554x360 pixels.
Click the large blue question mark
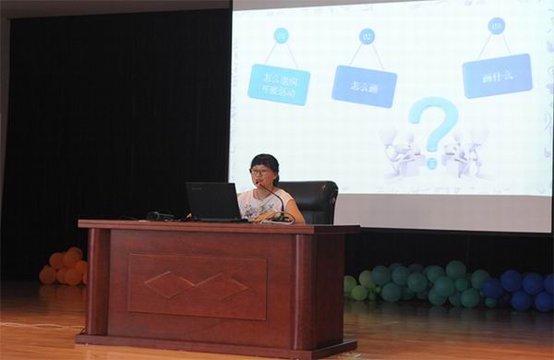point(433,124)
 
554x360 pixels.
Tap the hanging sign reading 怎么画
point(364,85)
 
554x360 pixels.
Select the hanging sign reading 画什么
point(497,75)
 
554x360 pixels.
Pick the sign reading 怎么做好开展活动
point(279,83)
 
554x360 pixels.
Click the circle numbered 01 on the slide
point(282,36)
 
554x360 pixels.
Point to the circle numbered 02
point(367,37)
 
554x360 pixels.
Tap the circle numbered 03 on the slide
point(497,26)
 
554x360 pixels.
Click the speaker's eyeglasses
point(259,172)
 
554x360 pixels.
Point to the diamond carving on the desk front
point(196,285)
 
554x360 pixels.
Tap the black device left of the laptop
point(160,216)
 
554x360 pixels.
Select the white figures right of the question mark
point(467,150)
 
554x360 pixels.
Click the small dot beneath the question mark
point(430,162)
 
